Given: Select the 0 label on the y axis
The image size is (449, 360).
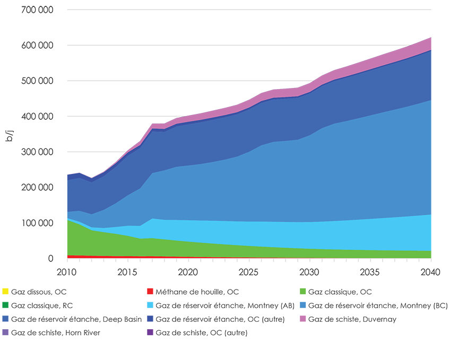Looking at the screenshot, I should [50, 259].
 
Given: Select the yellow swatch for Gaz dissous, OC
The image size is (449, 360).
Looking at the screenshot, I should [6, 292].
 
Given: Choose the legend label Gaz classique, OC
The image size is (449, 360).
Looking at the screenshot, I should [340, 292].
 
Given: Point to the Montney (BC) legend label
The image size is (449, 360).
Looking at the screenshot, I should [378, 305].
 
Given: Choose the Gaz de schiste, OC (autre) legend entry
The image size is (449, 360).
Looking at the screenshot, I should [202, 333].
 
